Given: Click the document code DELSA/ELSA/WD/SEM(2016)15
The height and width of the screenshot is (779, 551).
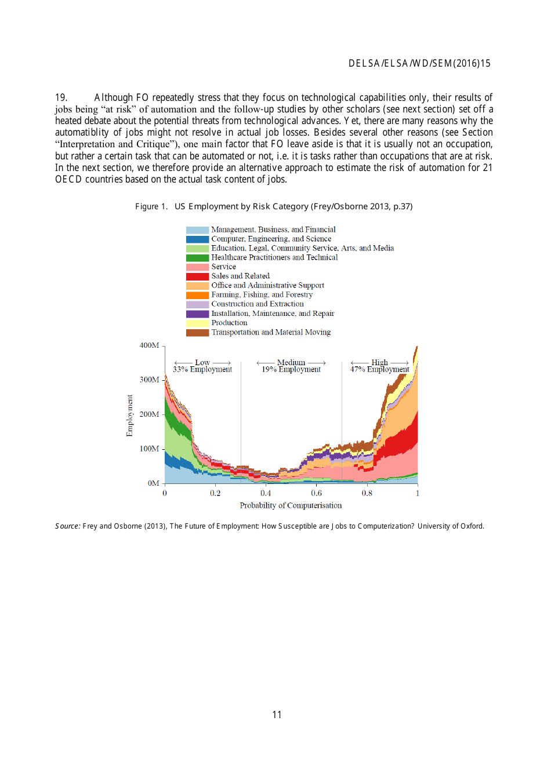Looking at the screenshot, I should click(x=419, y=64).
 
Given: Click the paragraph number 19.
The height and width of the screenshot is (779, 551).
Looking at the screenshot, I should click(x=61, y=97).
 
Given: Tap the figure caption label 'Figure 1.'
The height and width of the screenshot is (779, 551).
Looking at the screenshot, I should click(x=151, y=206).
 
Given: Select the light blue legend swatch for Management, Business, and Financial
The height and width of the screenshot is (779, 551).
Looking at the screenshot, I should click(x=197, y=230).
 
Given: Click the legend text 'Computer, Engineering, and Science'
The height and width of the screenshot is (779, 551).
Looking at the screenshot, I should click(x=271, y=239).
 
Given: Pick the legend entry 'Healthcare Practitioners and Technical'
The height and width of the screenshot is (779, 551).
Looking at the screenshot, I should click(x=274, y=257).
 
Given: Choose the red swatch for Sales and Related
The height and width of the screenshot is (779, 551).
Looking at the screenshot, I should click(x=197, y=276).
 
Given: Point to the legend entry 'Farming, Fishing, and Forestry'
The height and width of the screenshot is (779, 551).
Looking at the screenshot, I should click(x=262, y=294).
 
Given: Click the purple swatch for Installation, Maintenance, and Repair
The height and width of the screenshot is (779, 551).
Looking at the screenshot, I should click(x=197, y=314).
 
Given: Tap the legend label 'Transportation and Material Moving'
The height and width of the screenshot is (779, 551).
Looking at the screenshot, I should click(x=271, y=332).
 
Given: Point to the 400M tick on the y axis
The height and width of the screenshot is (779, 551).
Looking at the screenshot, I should click(x=149, y=345).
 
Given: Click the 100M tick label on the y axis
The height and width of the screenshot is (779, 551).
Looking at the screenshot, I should click(x=149, y=449).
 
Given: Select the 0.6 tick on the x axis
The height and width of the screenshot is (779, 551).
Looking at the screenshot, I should click(x=316, y=493).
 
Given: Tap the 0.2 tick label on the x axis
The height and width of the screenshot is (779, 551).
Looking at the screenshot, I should click(x=215, y=493).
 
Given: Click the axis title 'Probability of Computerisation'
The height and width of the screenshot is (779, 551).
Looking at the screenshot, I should click(x=291, y=505).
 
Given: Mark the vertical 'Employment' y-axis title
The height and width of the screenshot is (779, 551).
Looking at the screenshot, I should click(x=129, y=416).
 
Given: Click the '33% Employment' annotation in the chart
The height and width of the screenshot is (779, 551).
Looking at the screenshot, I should click(x=202, y=370).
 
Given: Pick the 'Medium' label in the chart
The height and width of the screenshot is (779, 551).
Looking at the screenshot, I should click(x=291, y=362).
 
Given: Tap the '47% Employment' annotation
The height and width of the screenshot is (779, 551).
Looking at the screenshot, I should click(x=379, y=370).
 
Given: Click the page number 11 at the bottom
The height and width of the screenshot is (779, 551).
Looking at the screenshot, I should click(x=277, y=715).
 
